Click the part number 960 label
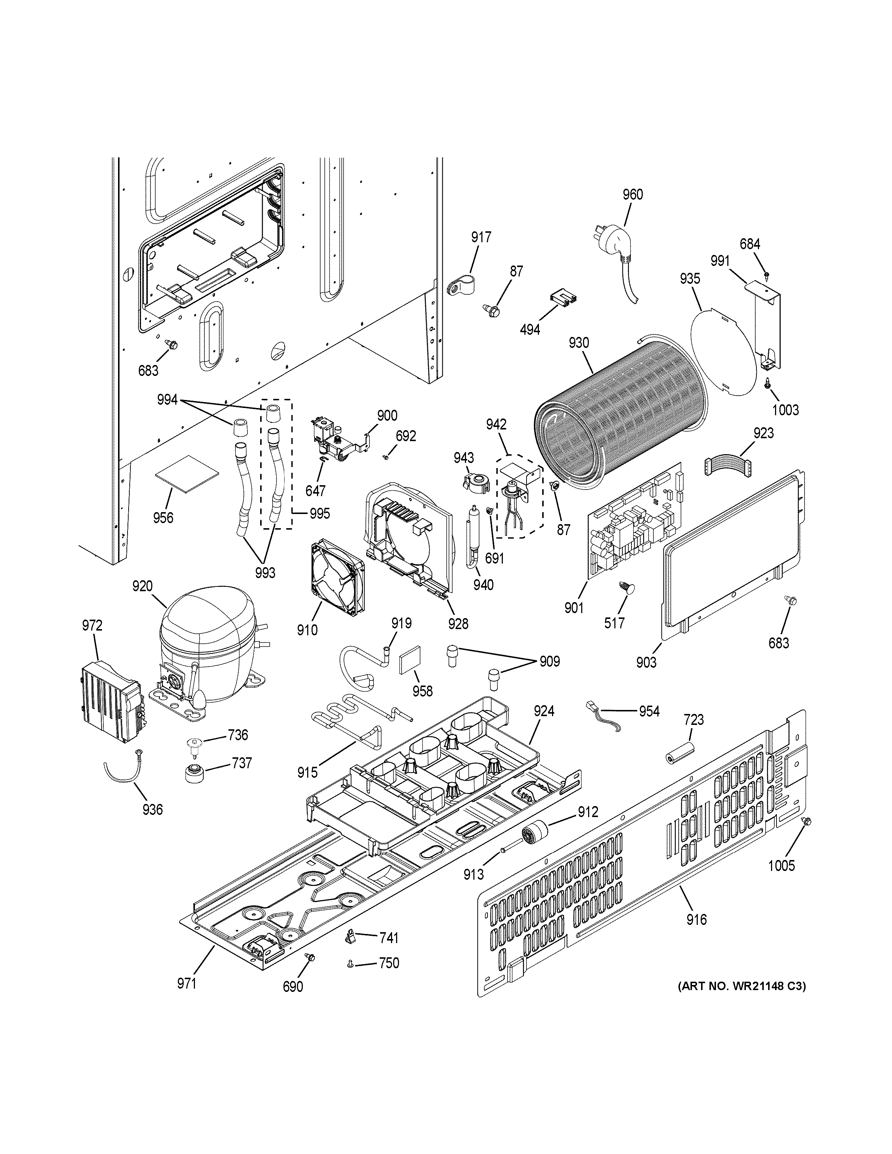633,195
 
